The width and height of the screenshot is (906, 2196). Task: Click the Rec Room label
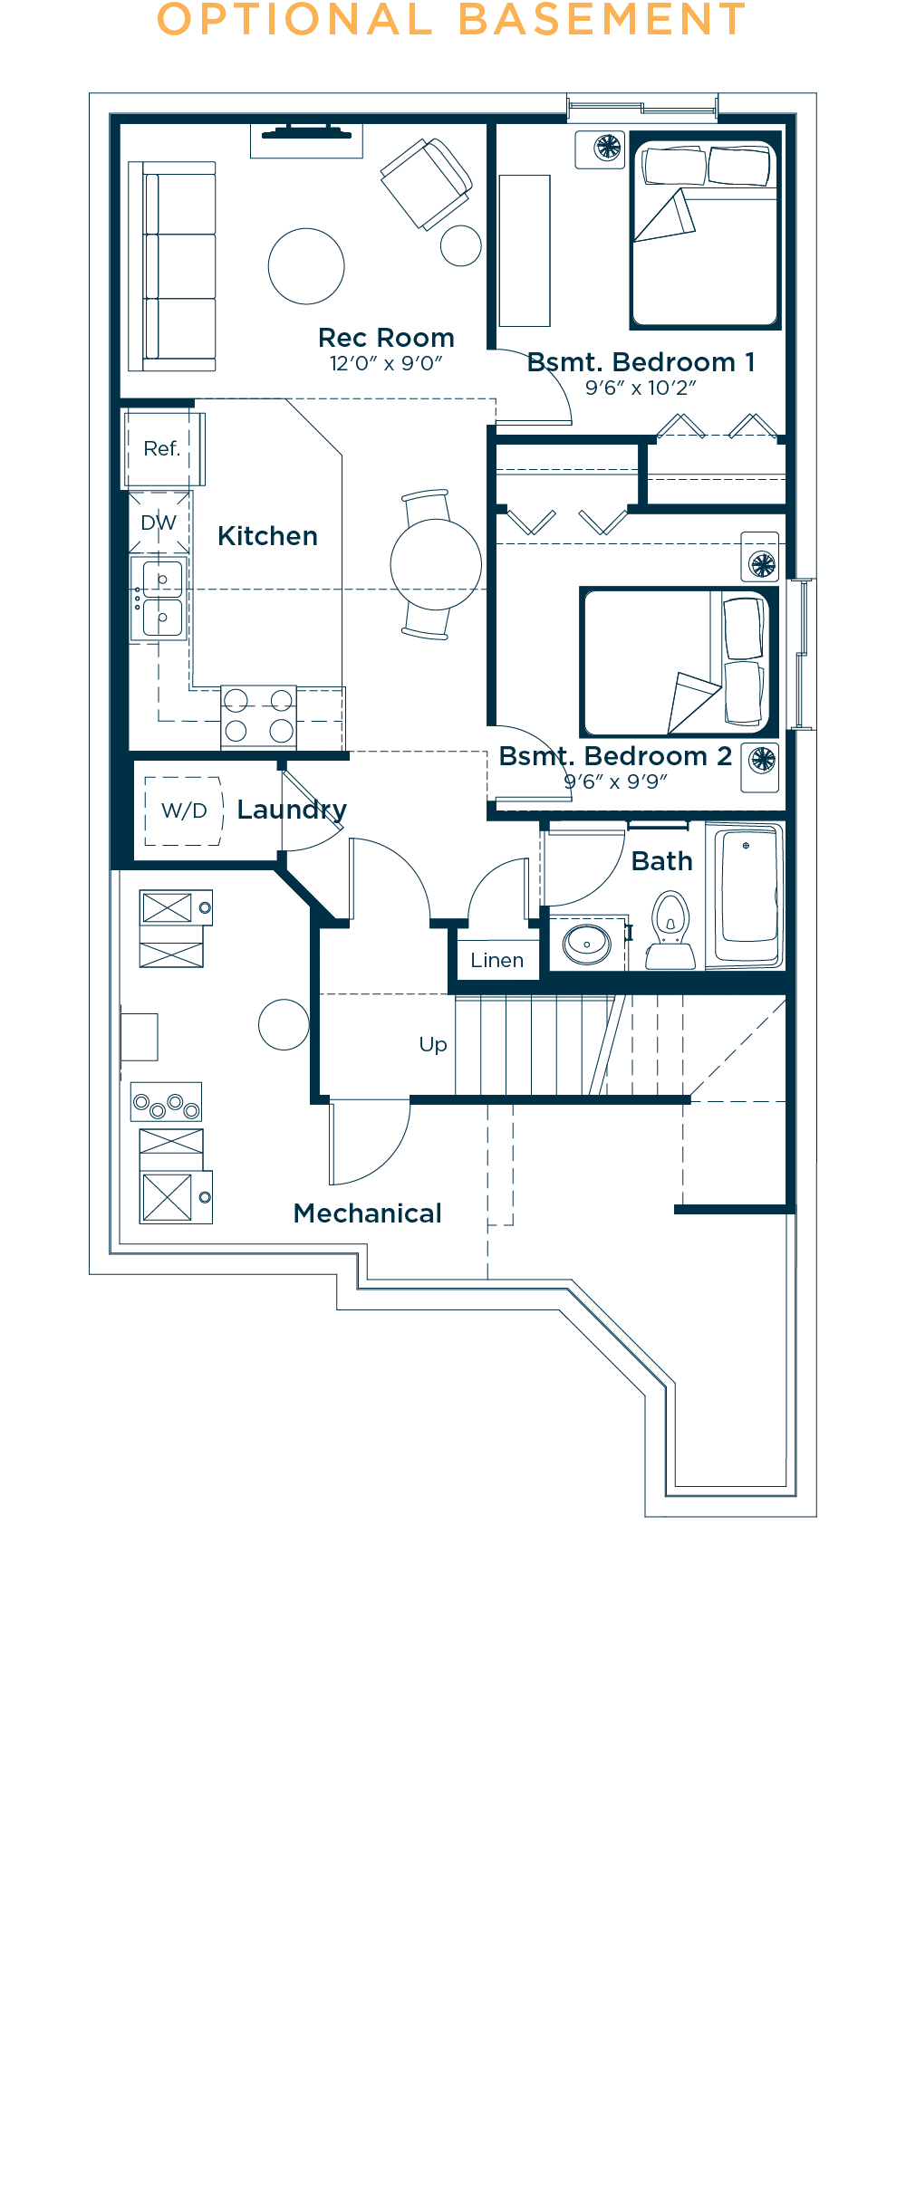[x=386, y=338]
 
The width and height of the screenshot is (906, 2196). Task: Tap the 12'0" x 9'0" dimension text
[x=386, y=364]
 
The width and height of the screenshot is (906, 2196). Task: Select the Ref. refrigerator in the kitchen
[x=162, y=448]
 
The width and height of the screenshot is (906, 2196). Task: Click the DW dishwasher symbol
[x=159, y=523]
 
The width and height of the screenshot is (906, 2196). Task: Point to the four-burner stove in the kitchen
[x=258, y=715]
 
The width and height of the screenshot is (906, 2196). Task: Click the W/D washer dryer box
[x=184, y=810]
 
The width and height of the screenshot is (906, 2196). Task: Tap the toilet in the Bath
[x=670, y=930]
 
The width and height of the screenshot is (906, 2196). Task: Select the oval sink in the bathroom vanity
[x=587, y=945]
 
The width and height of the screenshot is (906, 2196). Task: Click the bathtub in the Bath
[x=747, y=895]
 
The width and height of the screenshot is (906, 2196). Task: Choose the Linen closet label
[x=496, y=960]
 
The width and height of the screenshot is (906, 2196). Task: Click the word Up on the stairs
[x=433, y=1044]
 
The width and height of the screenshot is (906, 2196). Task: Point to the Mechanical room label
[x=367, y=1213]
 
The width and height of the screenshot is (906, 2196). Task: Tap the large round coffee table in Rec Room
[x=306, y=266]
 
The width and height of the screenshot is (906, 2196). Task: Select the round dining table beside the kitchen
[x=436, y=564]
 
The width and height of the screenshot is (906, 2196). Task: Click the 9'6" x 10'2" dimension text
[x=641, y=388]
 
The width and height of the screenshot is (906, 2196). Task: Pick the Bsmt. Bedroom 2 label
[x=615, y=756]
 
